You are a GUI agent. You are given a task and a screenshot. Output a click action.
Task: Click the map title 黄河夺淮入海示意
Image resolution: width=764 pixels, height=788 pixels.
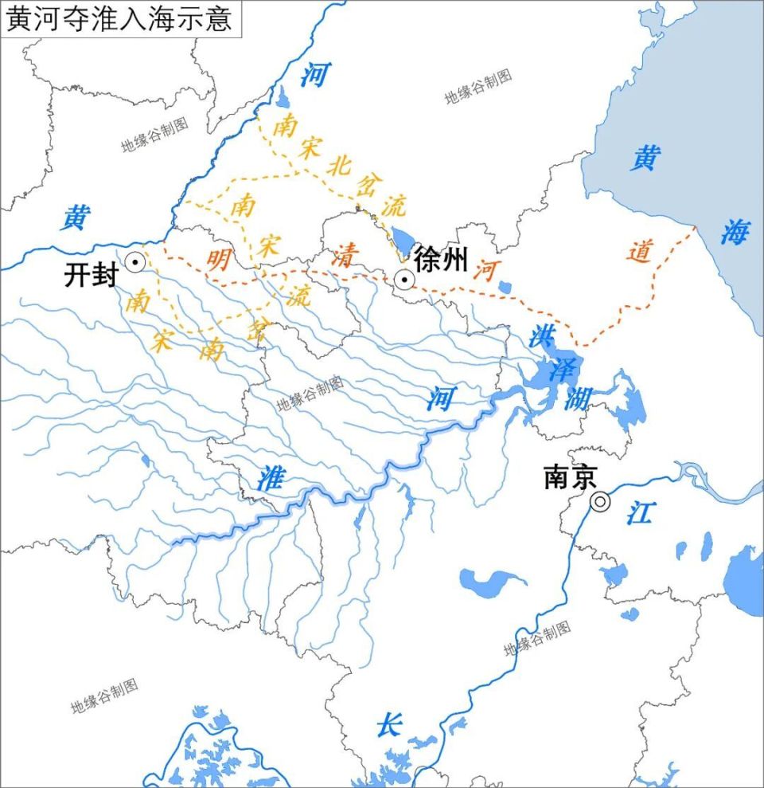click(119, 18)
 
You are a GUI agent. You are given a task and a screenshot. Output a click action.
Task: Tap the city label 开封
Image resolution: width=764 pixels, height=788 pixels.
click(91, 276)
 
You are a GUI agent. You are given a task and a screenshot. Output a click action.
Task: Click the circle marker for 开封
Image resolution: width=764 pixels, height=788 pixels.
click(134, 261)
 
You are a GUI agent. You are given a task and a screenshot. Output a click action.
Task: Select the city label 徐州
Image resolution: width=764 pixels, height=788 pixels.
click(440, 259)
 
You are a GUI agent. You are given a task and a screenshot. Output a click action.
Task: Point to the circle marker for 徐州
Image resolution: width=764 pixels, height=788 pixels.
click(404, 280)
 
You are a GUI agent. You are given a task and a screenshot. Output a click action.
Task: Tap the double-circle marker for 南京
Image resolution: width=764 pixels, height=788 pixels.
click(600, 501)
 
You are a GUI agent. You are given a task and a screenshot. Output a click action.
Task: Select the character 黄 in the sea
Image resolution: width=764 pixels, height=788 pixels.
click(645, 158)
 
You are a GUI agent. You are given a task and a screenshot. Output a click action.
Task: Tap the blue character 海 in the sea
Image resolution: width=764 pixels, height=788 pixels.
click(735, 233)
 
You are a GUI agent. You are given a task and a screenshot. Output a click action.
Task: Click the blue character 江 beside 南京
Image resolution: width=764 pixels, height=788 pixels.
click(638, 512)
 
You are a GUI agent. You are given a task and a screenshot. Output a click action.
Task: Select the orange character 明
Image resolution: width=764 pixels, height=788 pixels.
click(218, 259)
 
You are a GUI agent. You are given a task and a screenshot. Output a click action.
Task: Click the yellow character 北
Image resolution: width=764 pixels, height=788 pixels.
click(338, 167)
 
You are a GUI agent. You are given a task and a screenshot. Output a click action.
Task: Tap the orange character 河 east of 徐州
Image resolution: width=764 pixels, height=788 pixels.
click(483, 271)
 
